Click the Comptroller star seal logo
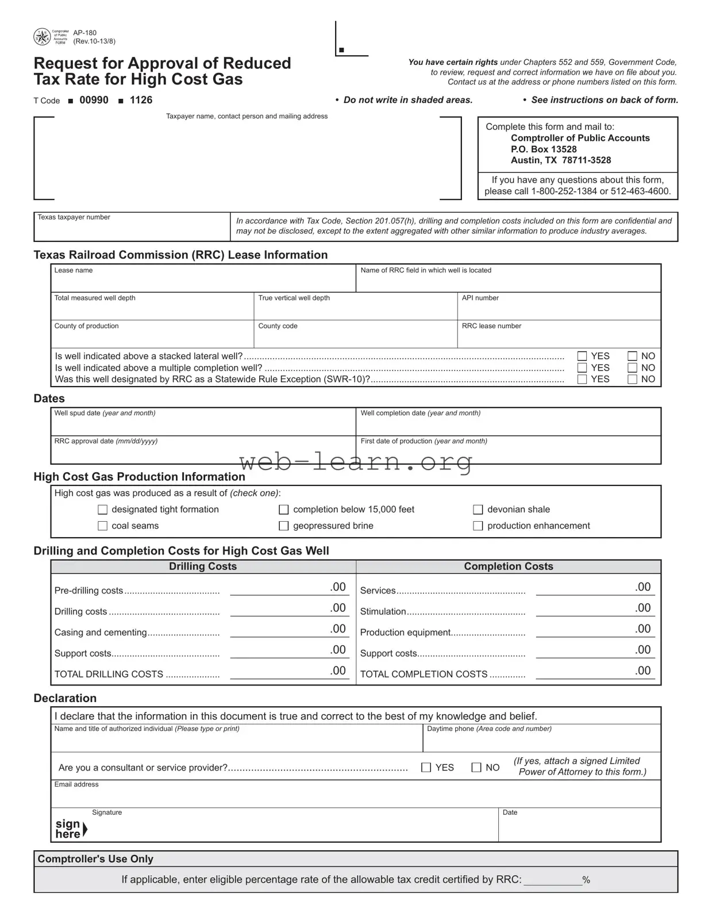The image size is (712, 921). click(42, 37)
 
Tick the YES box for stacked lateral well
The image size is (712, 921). click(582, 356)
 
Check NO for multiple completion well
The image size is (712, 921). click(632, 368)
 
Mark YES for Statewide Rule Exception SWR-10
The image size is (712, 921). click(582, 379)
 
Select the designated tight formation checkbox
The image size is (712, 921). click(103, 510)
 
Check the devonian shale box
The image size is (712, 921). click(478, 510)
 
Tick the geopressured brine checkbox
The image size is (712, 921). click(283, 526)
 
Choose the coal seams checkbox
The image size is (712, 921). click(103, 526)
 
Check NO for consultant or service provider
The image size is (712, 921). click(476, 768)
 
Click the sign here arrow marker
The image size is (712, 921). click(85, 829)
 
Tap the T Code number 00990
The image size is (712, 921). click(94, 100)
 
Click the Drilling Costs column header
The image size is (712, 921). click(203, 567)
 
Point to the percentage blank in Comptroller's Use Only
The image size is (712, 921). click(552, 880)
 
